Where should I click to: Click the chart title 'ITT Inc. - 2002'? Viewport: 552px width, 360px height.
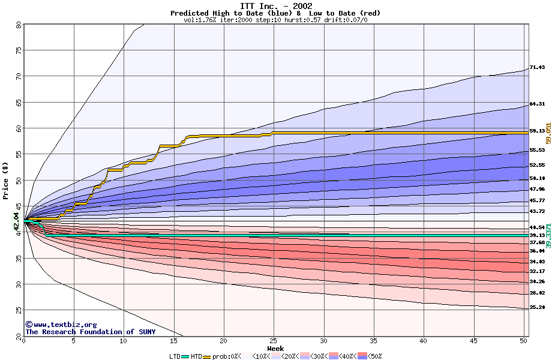click(x=275, y=6)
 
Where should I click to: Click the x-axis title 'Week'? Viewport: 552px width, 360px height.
click(x=275, y=349)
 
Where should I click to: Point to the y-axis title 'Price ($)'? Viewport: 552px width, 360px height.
click(x=6, y=180)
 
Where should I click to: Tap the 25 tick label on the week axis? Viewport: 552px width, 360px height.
click(x=274, y=341)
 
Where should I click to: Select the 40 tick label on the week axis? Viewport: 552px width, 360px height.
click(x=424, y=341)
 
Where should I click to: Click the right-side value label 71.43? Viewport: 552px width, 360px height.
click(x=537, y=67)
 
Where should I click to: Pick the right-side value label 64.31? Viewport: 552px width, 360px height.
click(x=537, y=104)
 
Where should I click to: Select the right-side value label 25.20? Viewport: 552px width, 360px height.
click(x=537, y=307)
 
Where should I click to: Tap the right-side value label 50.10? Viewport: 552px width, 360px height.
click(x=537, y=178)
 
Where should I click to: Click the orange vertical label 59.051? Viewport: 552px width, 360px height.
click(x=548, y=131)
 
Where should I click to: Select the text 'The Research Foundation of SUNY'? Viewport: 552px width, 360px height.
click(x=90, y=332)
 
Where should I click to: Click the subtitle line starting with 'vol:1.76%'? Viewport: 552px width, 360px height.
click(x=275, y=20)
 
